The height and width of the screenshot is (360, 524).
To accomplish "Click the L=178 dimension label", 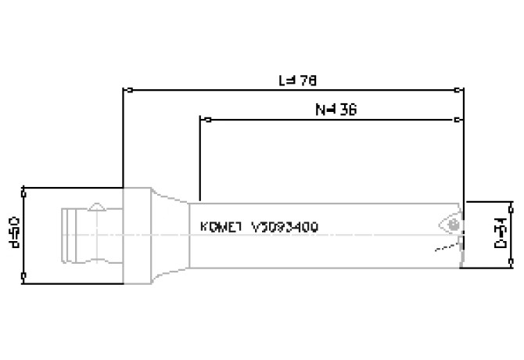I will [297, 80].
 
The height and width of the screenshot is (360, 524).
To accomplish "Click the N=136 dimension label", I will [336, 110].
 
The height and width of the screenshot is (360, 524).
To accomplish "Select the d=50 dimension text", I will [13, 233].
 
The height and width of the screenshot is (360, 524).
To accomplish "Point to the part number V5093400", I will [285, 227].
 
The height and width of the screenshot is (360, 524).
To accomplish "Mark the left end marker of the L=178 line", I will [125, 90].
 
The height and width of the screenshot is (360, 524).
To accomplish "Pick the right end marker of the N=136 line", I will [458, 120].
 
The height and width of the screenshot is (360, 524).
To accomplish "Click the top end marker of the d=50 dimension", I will [25, 189].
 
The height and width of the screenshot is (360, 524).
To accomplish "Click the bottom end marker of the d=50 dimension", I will [25, 275].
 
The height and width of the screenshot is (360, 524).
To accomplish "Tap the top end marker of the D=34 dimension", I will [512, 203].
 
